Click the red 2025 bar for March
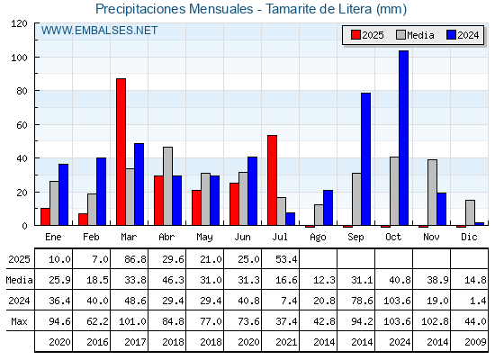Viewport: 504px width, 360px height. coord(121,152)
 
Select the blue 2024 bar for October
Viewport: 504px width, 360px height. coord(404,138)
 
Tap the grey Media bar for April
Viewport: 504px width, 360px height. coord(167,186)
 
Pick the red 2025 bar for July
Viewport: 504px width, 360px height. coord(272,180)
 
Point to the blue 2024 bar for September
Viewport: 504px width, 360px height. coord(365,159)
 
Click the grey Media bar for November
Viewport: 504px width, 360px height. coord(432,193)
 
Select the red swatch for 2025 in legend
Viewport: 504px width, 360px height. coord(355,35)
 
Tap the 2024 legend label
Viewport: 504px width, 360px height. coord(468,35)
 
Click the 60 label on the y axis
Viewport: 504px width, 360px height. coord(22,125)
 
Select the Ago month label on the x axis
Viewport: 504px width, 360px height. coord(318,238)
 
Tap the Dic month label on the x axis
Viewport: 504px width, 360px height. coord(469,237)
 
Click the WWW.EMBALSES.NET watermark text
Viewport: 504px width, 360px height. coord(99,31)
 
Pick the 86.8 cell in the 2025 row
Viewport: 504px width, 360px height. coord(135,259)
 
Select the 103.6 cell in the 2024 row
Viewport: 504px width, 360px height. coord(397,301)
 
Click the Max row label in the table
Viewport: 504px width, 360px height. coord(19,321)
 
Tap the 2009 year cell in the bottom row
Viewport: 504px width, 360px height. coord(475,342)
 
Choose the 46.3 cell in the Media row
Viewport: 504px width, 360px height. coord(173,280)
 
